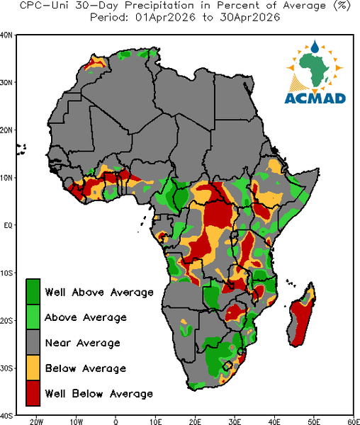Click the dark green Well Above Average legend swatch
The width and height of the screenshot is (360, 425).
click(33, 292)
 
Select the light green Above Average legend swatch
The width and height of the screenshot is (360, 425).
click(33, 317)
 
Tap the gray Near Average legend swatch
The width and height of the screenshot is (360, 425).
click(33, 342)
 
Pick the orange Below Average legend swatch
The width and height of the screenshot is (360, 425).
click(33, 368)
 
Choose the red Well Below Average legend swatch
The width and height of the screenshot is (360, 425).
click(33, 393)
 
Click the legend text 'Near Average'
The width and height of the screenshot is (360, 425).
click(82, 343)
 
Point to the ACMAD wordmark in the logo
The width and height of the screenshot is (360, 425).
click(315, 98)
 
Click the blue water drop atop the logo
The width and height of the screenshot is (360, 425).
click(315, 46)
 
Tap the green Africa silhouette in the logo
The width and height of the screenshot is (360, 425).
click(315, 68)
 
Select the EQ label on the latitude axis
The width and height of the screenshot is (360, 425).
click(8, 225)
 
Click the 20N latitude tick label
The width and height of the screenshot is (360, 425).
click(6, 130)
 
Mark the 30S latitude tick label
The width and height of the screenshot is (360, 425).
click(6, 368)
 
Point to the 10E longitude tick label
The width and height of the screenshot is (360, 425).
click(156, 421)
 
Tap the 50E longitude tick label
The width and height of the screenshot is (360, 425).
click(314, 421)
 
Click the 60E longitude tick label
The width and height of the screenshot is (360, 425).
click(354, 421)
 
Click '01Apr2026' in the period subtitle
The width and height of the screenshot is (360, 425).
click(165, 17)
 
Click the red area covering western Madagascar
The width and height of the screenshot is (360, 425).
click(300, 322)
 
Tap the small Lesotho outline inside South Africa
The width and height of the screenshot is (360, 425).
click(227, 365)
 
